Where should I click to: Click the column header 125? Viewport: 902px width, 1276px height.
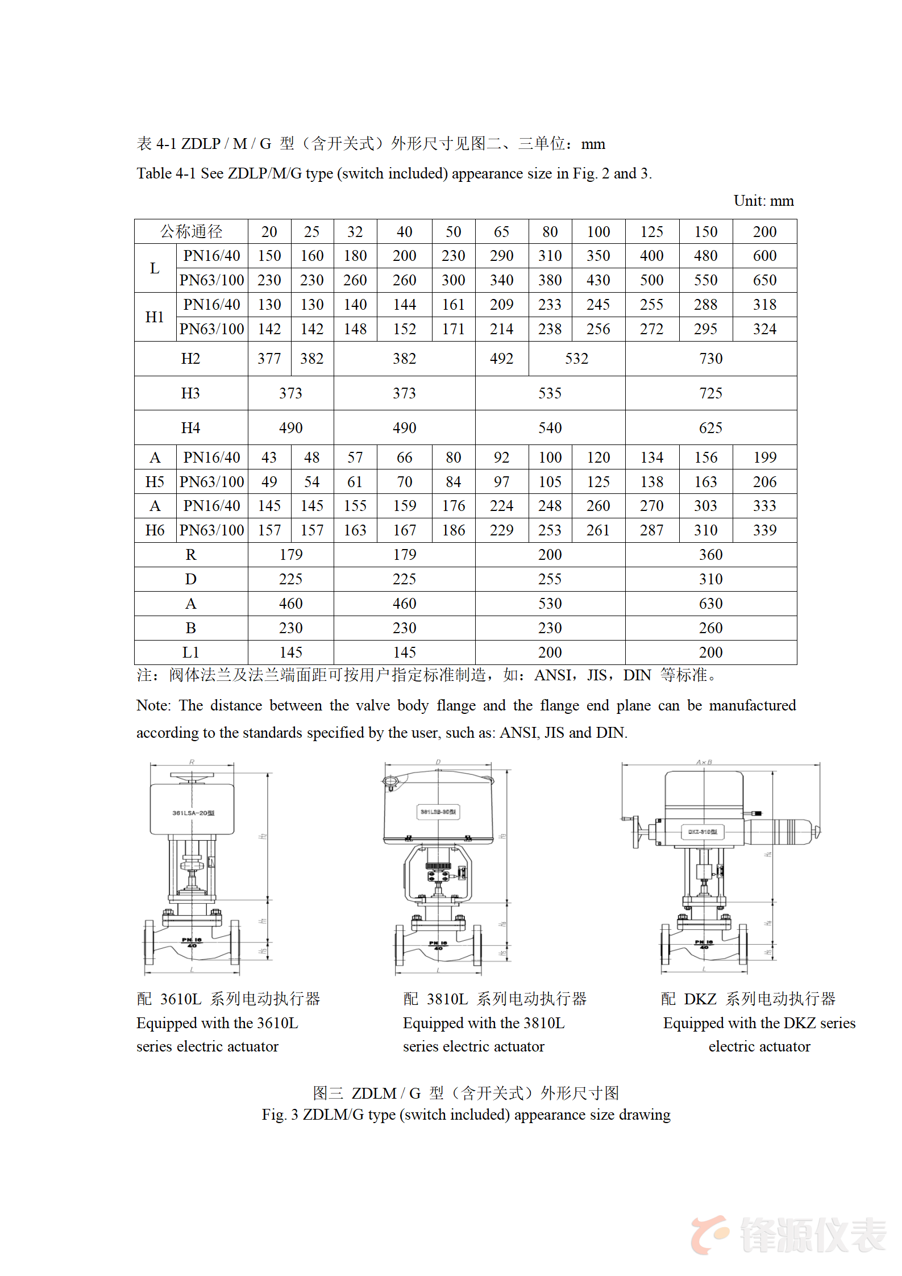pos(651,232)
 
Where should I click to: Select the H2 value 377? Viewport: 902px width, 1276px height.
pos(269,359)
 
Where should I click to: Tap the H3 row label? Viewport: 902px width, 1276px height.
pos(190,393)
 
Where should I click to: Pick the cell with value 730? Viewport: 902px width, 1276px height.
pos(710,359)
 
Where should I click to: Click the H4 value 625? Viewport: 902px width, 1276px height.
pos(710,428)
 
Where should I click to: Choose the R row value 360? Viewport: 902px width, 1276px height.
pos(710,555)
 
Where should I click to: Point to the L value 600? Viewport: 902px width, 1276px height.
pos(764,256)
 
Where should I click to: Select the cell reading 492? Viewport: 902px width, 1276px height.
pos(501,359)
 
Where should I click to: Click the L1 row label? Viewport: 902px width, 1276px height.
pos(190,652)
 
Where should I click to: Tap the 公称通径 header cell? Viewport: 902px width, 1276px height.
pos(191,232)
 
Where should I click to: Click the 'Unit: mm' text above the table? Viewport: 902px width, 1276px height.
pos(763,201)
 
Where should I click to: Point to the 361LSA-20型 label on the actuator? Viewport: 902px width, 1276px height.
pos(193,813)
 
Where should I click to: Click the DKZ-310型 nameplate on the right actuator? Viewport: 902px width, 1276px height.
pos(703,832)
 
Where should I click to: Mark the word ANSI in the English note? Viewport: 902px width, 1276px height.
pos(518,733)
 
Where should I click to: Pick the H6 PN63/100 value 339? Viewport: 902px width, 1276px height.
pos(764,530)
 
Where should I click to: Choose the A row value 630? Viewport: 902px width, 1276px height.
pos(710,604)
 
